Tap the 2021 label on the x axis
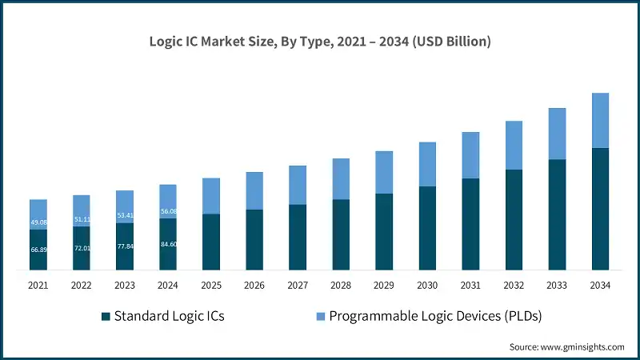38,286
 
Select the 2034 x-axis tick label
600,286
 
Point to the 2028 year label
341,286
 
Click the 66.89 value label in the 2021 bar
38,250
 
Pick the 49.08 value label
38,222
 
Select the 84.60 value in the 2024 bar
168,244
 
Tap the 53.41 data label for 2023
125,215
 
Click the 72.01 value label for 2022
82,249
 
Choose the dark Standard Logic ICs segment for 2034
600,209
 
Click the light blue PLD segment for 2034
600,120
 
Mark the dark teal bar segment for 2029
384,231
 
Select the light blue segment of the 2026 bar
254,190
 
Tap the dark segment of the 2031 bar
470,224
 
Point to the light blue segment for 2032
514,145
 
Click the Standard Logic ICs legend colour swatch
106,316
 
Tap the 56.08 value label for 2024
168,212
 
